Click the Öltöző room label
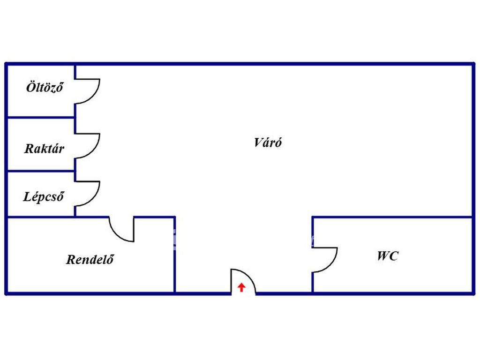(x=45, y=88)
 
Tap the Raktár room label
(x=44, y=149)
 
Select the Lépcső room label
(x=44, y=196)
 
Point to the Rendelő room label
(x=90, y=259)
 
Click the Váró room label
(x=268, y=142)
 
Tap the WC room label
(x=387, y=256)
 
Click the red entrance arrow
(x=241, y=287)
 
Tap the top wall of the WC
(x=392, y=217)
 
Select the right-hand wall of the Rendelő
(x=175, y=255)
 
